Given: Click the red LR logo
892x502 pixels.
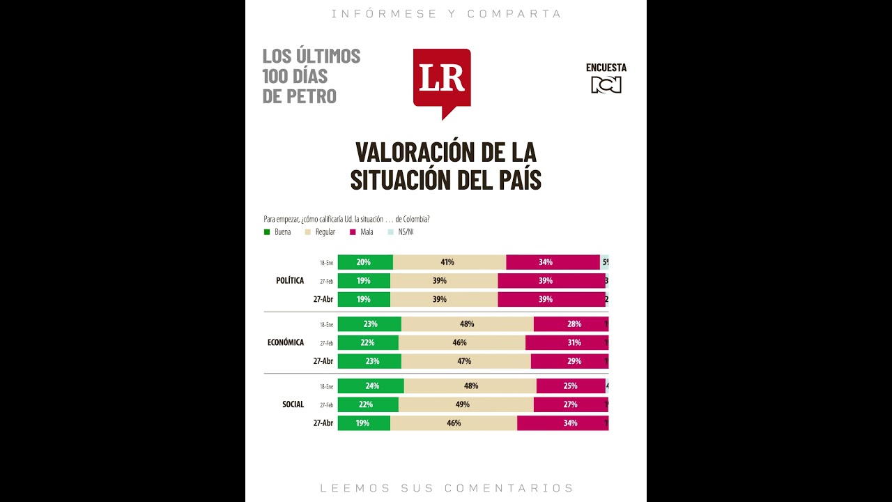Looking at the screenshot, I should point(442,79).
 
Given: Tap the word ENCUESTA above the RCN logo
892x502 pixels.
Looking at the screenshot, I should point(606,68).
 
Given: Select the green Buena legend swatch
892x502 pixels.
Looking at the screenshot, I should point(267,232).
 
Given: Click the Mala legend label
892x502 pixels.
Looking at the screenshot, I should point(367,232).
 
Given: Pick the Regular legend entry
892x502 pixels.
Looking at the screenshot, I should point(325,232).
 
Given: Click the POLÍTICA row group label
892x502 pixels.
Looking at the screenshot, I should point(290,280).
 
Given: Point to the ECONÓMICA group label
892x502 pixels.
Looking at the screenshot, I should point(286,342).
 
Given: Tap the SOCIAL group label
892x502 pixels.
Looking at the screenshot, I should point(293,404).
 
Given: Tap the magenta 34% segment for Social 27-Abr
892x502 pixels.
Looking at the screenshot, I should point(562,423).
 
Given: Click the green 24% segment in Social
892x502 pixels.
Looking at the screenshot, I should point(370,386).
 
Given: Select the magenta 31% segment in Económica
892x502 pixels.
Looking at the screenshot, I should point(566,342).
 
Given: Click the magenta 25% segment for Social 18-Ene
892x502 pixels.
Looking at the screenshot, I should point(570,386).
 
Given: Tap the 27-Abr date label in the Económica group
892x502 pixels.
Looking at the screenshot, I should point(323,361).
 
